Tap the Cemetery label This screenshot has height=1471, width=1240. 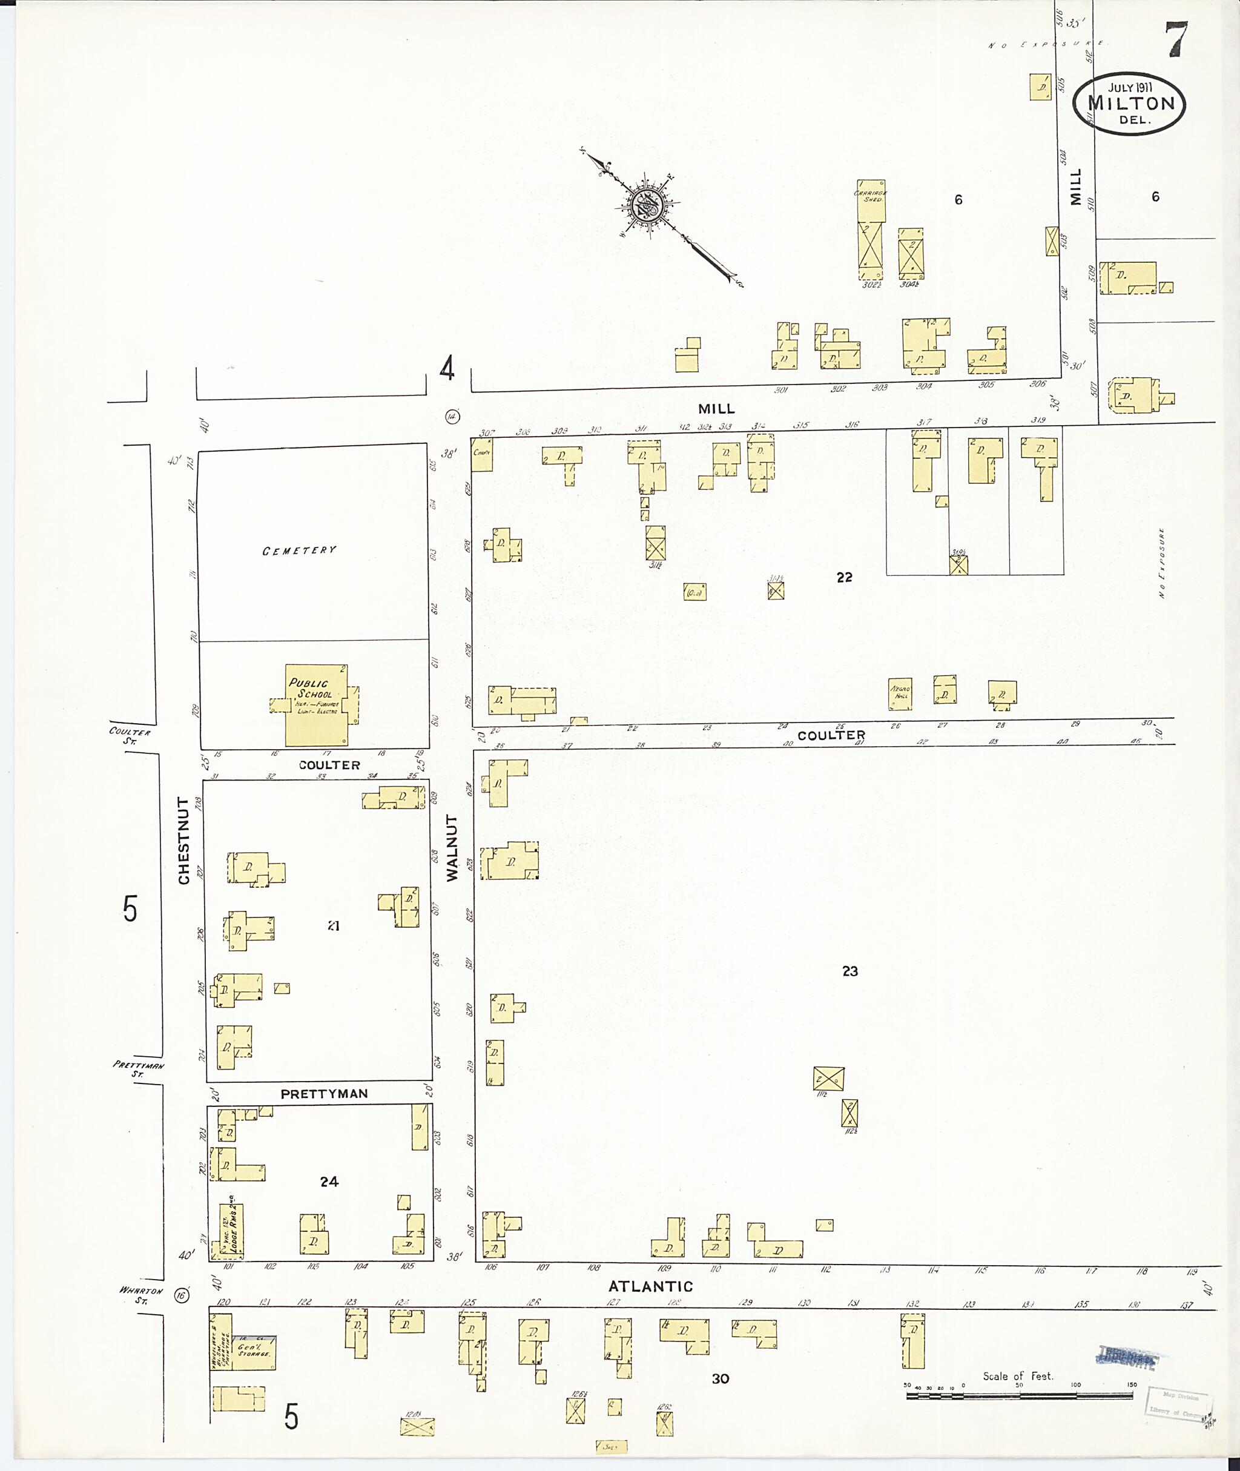click(x=300, y=550)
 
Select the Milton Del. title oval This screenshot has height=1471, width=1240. click(x=1130, y=105)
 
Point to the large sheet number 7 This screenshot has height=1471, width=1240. click(x=1178, y=40)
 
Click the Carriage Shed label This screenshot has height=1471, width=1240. click(x=870, y=196)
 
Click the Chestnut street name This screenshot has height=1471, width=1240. click(x=184, y=841)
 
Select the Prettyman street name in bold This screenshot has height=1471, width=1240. click(x=324, y=1094)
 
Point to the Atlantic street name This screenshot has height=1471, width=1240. click(x=650, y=1286)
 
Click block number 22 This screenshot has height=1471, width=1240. click(x=844, y=577)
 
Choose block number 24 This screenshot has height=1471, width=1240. click(x=329, y=1182)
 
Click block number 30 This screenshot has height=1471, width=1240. click(x=720, y=1379)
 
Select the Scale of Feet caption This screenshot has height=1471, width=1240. click(x=1017, y=1376)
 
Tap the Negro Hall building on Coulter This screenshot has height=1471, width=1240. click(x=900, y=693)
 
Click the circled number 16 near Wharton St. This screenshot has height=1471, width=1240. click(x=183, y=1296)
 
